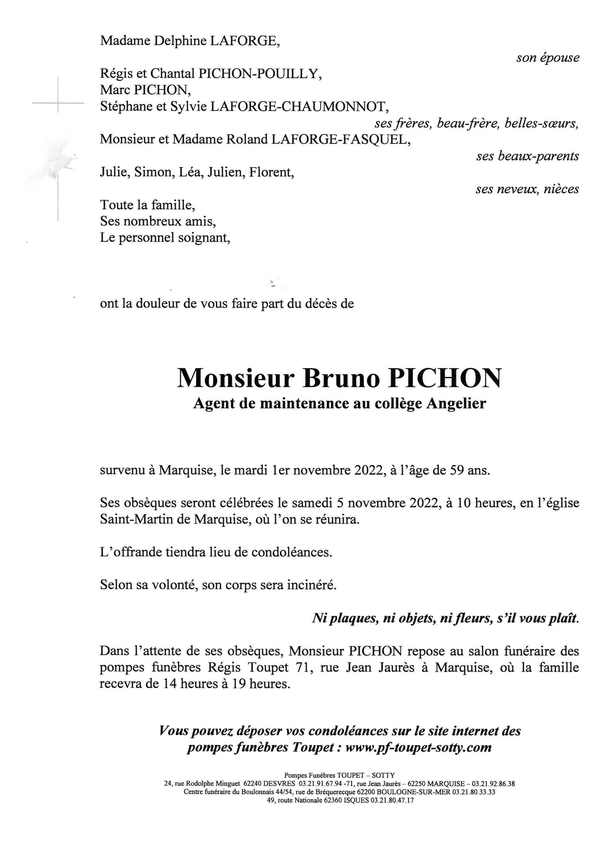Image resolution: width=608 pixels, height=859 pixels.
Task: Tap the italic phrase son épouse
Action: point(547,58)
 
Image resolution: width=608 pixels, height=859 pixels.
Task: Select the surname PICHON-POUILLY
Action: point(259,74)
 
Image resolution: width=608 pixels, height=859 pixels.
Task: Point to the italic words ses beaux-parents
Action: point(527,156)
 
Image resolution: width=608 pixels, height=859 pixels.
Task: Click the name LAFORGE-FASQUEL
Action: point(340,140)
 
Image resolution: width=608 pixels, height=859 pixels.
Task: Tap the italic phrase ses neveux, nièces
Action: point(527,189)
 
